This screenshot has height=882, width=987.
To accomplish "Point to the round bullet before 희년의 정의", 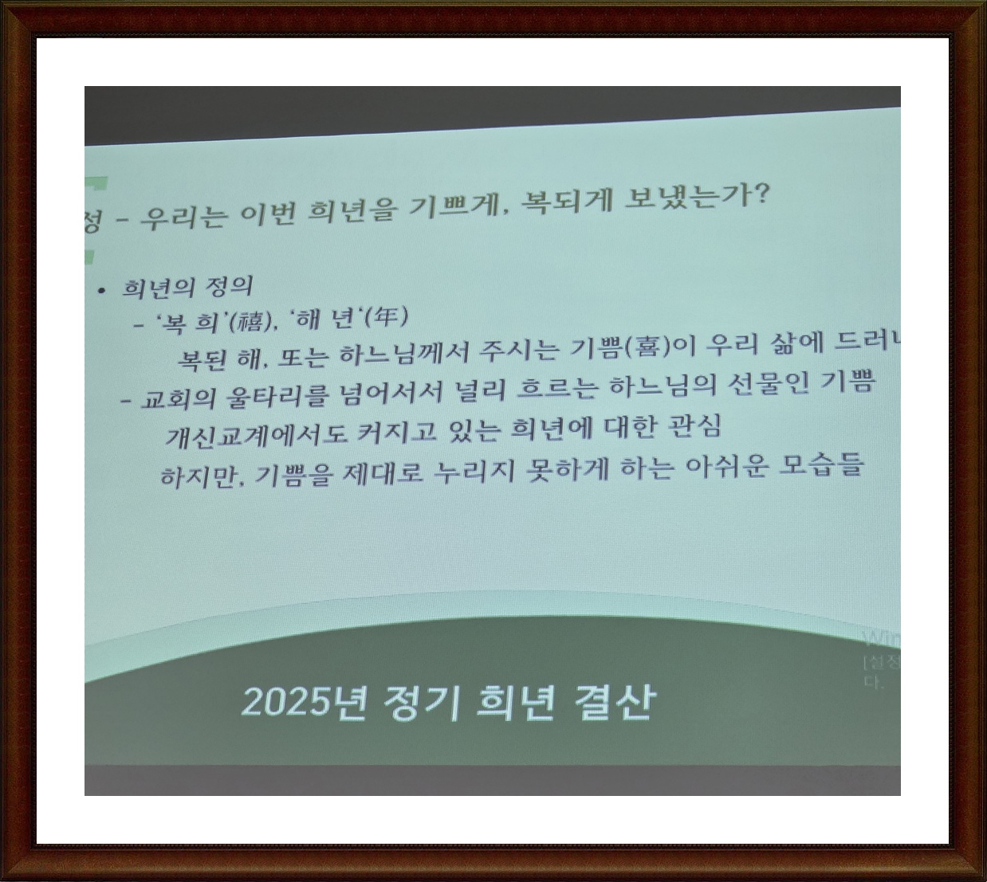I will (x=101, y=290).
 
